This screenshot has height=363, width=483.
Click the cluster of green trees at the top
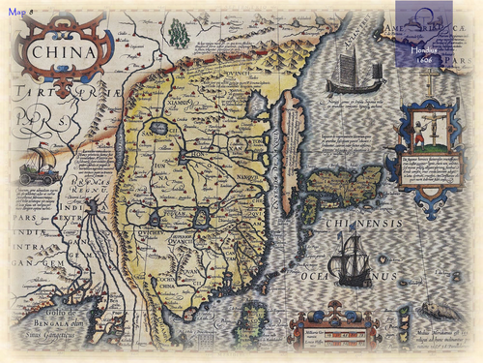click(178, 34)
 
